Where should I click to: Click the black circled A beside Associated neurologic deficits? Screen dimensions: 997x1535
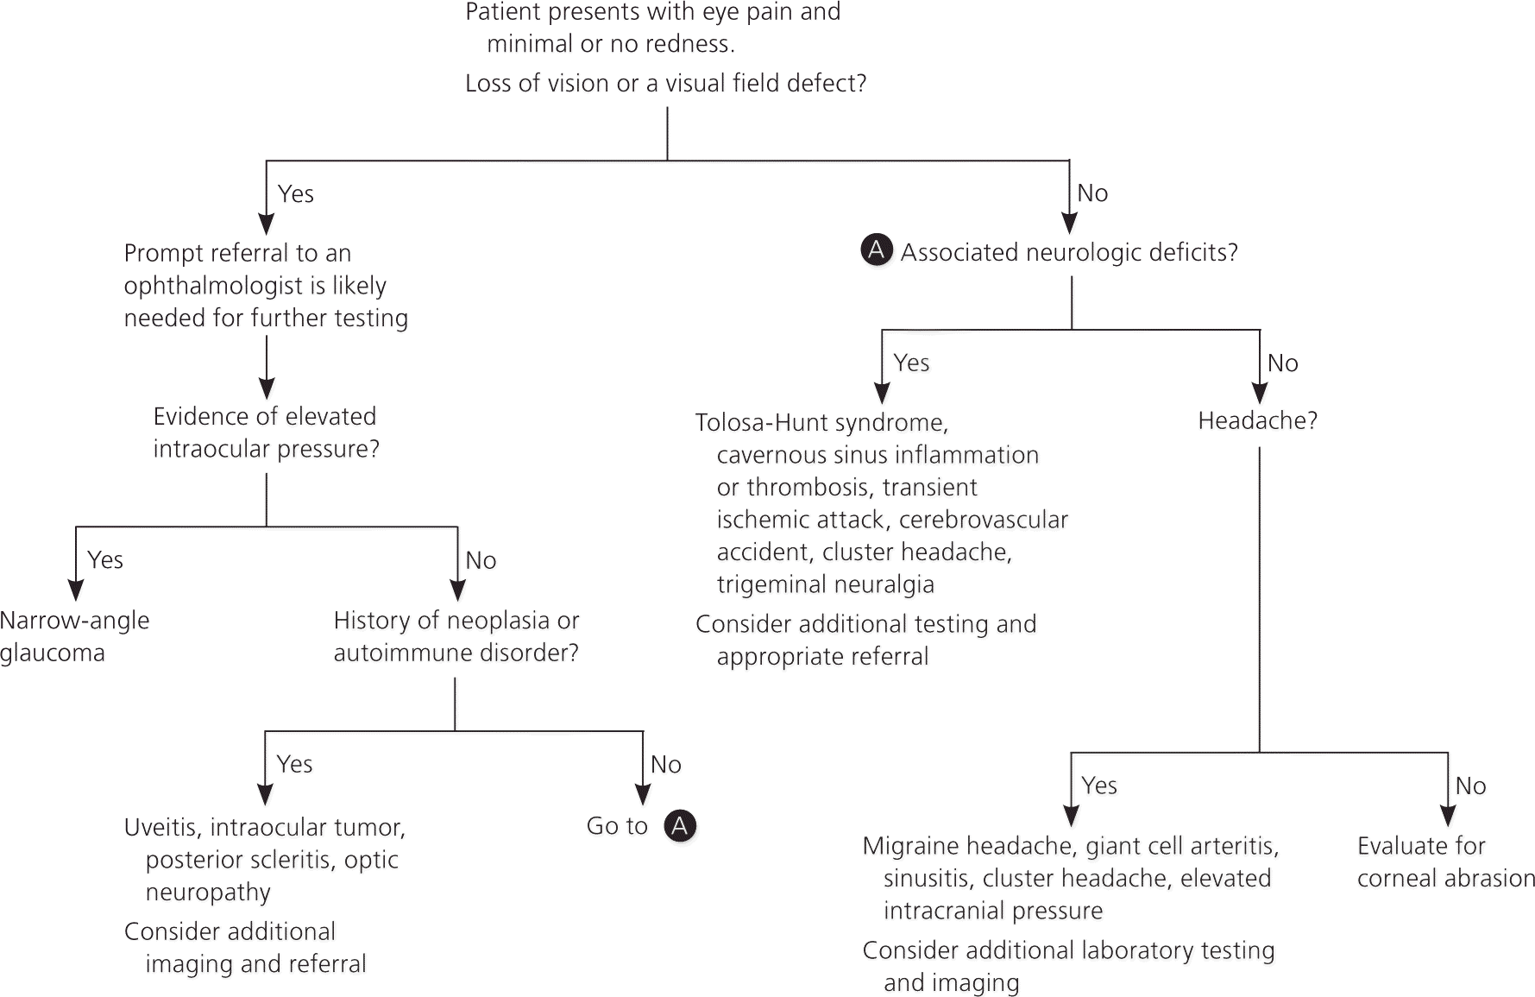(876, 250)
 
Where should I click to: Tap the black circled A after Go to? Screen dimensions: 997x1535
(680, 826)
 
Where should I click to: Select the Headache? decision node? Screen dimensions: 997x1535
(1257, 421)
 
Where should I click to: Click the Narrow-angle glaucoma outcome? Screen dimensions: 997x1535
(74, 636)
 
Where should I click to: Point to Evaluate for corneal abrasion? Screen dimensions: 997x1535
(1445, 861)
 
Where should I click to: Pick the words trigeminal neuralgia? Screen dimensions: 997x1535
(825, 584)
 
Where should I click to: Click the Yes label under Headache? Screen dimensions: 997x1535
(1098, 786)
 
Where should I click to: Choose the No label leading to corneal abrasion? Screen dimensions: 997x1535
(1470, 786)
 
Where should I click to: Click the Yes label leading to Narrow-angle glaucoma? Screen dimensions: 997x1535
(105, 560)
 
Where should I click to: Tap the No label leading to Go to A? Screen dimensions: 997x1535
(665, 765)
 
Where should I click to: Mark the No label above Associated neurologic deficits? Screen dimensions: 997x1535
(1092, 193)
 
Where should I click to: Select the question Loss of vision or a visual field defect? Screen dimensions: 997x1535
(665, 84)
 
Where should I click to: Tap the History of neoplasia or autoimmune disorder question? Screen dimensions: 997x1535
(456, 636)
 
